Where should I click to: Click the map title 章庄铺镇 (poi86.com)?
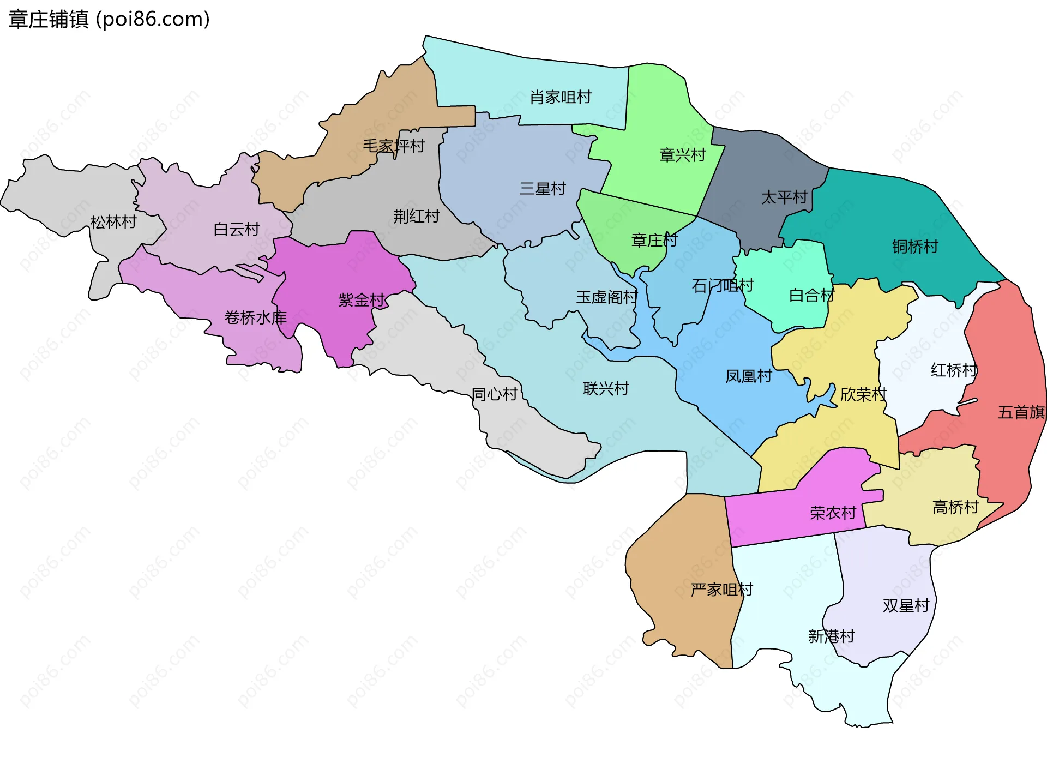(109, 20)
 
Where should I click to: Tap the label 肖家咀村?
(561, 98)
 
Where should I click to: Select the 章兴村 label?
(682, 155)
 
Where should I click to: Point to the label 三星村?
(543, 189)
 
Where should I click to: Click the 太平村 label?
(784, 197)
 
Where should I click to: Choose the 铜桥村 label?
(915, 247)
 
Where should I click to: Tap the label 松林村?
(113, 223)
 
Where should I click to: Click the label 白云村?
(236, 230)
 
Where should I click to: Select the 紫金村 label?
(362, 300)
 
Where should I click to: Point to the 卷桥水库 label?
(255, 318)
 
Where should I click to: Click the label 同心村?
(495, 394)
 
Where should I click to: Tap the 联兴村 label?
(606, 389)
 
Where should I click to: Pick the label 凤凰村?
(748, 376)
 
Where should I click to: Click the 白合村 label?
(811, 296)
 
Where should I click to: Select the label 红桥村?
(954, 371)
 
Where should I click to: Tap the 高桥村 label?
(955, 507)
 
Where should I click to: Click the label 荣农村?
(833, 513)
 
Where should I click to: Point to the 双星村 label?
(906, 606)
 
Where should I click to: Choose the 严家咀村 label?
(721, 590)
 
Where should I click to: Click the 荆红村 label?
(416, 217)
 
